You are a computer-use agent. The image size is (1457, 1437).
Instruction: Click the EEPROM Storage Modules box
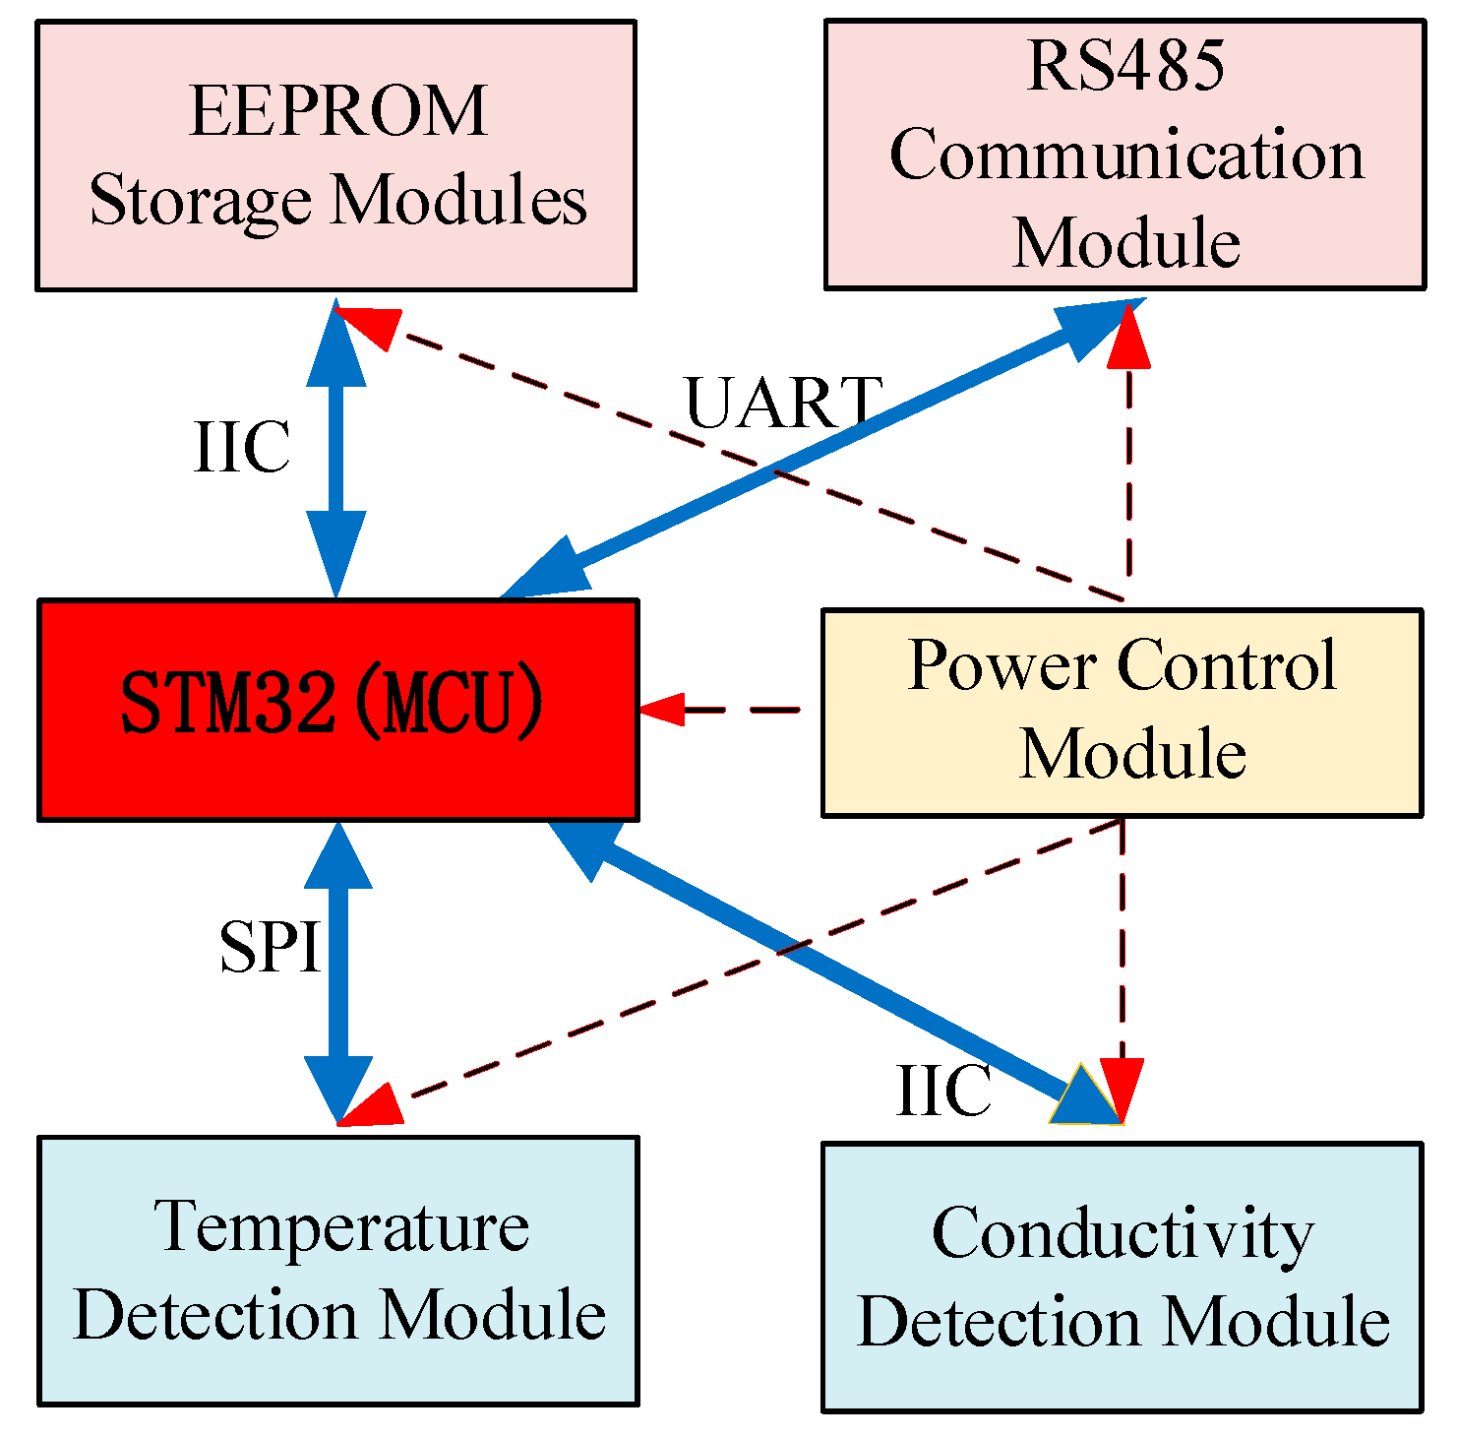click(335, 156)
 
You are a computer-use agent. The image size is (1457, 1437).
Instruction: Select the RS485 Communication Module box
click(1124, 155)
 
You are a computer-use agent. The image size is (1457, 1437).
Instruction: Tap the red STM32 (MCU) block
click(338, 710)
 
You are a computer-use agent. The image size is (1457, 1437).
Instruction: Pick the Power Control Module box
click(1122, 713)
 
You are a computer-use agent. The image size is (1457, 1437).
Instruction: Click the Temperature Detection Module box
click(338, 1271)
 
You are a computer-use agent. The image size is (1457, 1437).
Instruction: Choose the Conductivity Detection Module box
click(1122, 1277)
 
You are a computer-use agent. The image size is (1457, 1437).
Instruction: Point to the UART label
click(783, 403)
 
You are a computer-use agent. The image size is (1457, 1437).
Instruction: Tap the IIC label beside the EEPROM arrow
click(242, 447)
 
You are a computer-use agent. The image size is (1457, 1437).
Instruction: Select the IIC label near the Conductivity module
click(943, 1091)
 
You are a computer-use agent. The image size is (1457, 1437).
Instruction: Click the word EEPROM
click(337, 111)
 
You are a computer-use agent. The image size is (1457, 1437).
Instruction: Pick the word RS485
click(1126, 66)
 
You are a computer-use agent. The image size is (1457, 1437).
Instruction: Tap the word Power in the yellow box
click(1003, 666)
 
